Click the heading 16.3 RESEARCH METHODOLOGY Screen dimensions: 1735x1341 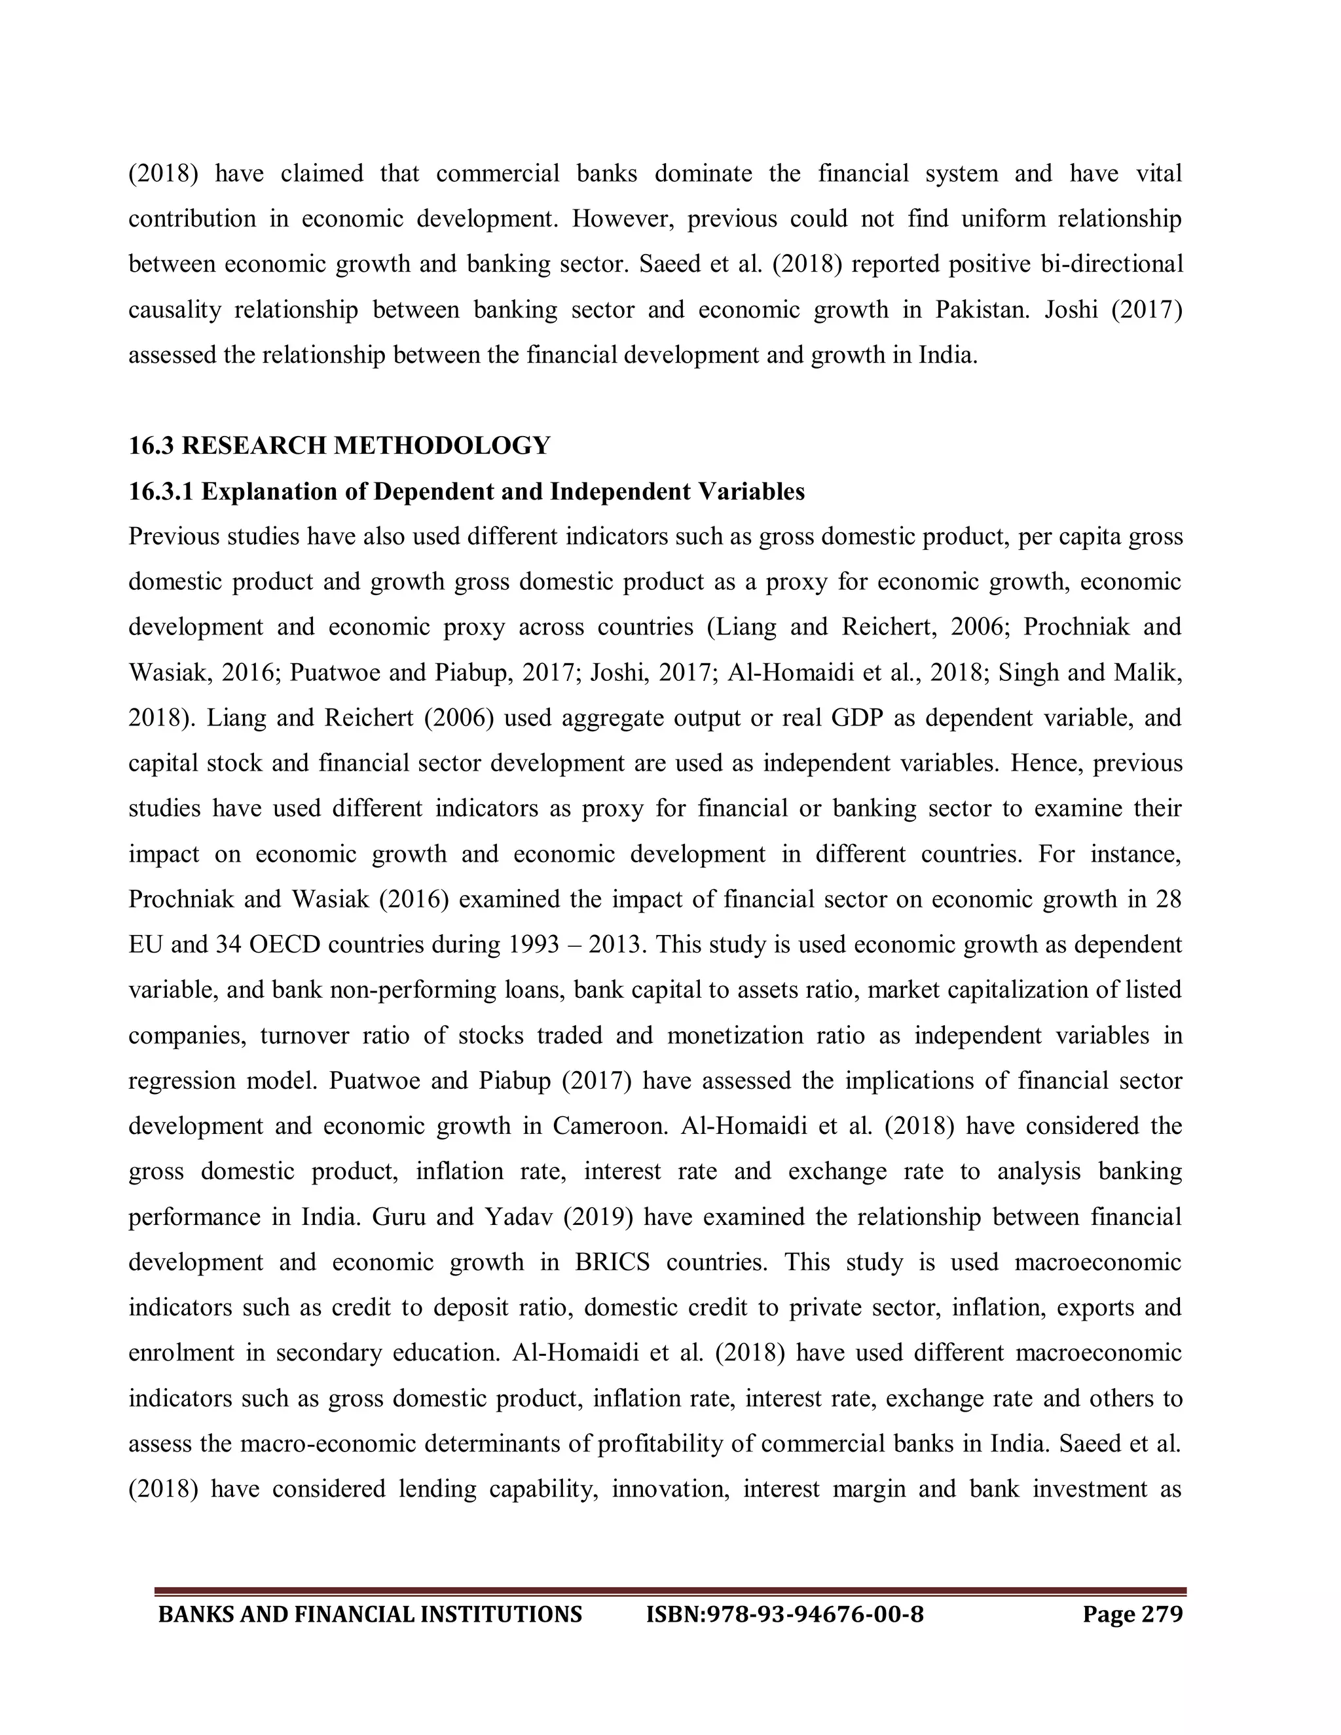(x=339, y=446)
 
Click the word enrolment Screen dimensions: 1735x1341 (x=181, y=1353)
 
